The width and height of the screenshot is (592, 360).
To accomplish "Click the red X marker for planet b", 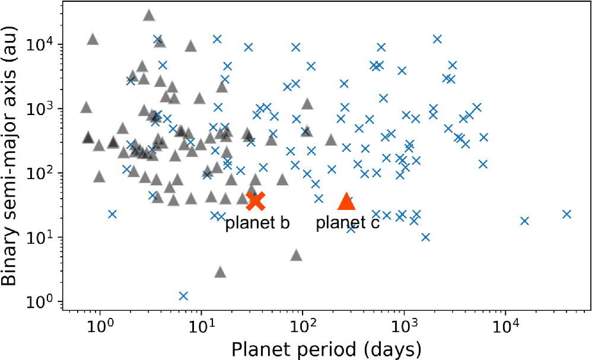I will (256, 201).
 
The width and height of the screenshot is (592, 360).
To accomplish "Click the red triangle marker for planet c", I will (347, 202).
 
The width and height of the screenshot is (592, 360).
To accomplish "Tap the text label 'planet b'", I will (257, 224).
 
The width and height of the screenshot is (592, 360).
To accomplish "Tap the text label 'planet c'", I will (348, 224).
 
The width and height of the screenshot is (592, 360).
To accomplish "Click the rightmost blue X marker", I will (566, 214).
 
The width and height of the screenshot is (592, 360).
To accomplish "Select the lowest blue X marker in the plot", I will (184, 295).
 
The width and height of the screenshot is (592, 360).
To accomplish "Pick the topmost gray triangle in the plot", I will (149, 15).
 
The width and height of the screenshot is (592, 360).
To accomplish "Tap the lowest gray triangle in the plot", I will (220, 272).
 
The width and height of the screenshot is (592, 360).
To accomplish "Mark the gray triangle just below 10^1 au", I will (297, 255).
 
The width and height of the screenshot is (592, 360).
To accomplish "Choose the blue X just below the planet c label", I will (351, 228).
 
